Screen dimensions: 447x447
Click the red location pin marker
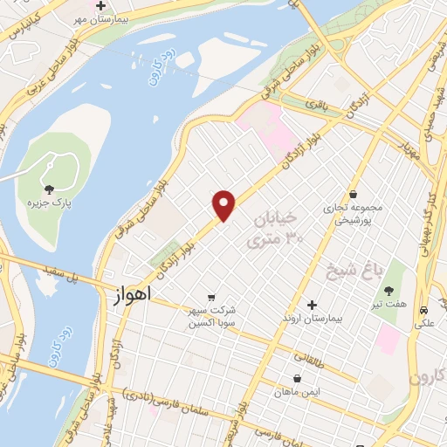pyautogui.click(x=224, y=204)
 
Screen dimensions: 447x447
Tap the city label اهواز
pyautogui.click(x=132, y=296)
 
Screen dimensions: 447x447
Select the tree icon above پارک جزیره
pyautogui.click(x=48, y=189)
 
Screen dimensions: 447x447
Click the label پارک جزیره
pyautogui.click(x=47, y=203)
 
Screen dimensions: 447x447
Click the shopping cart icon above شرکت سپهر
pyautogui.click(x=210, y=297)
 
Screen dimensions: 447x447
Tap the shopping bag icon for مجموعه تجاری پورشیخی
pyautogui.click(x=353, y=194)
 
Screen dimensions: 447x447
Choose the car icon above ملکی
pyautogui.click(x=423, y=310)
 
